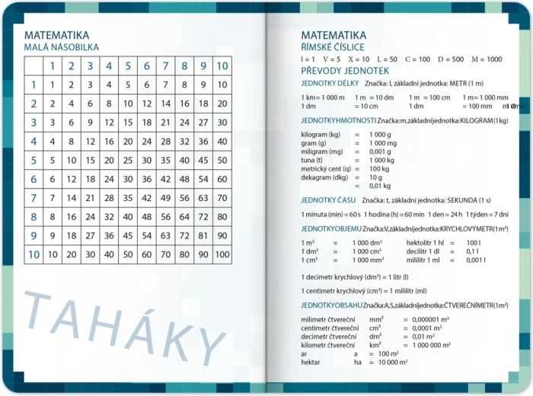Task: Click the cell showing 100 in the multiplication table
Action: [x=222, y=254]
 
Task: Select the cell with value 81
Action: [x=203, y=235]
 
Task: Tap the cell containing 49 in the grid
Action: [x=166, y=198]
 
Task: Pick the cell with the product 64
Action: [x=184, y=216]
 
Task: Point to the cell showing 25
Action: [x=128, y=160]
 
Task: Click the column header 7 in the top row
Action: [x=166, y=66]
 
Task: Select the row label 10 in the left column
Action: [x=34, y=254]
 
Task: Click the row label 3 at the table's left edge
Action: [x=34, y=122]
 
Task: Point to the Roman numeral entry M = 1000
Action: [x=487, y=59]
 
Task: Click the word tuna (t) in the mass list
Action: [x=312, y=160]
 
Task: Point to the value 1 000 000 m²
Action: [x=431, y=345]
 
